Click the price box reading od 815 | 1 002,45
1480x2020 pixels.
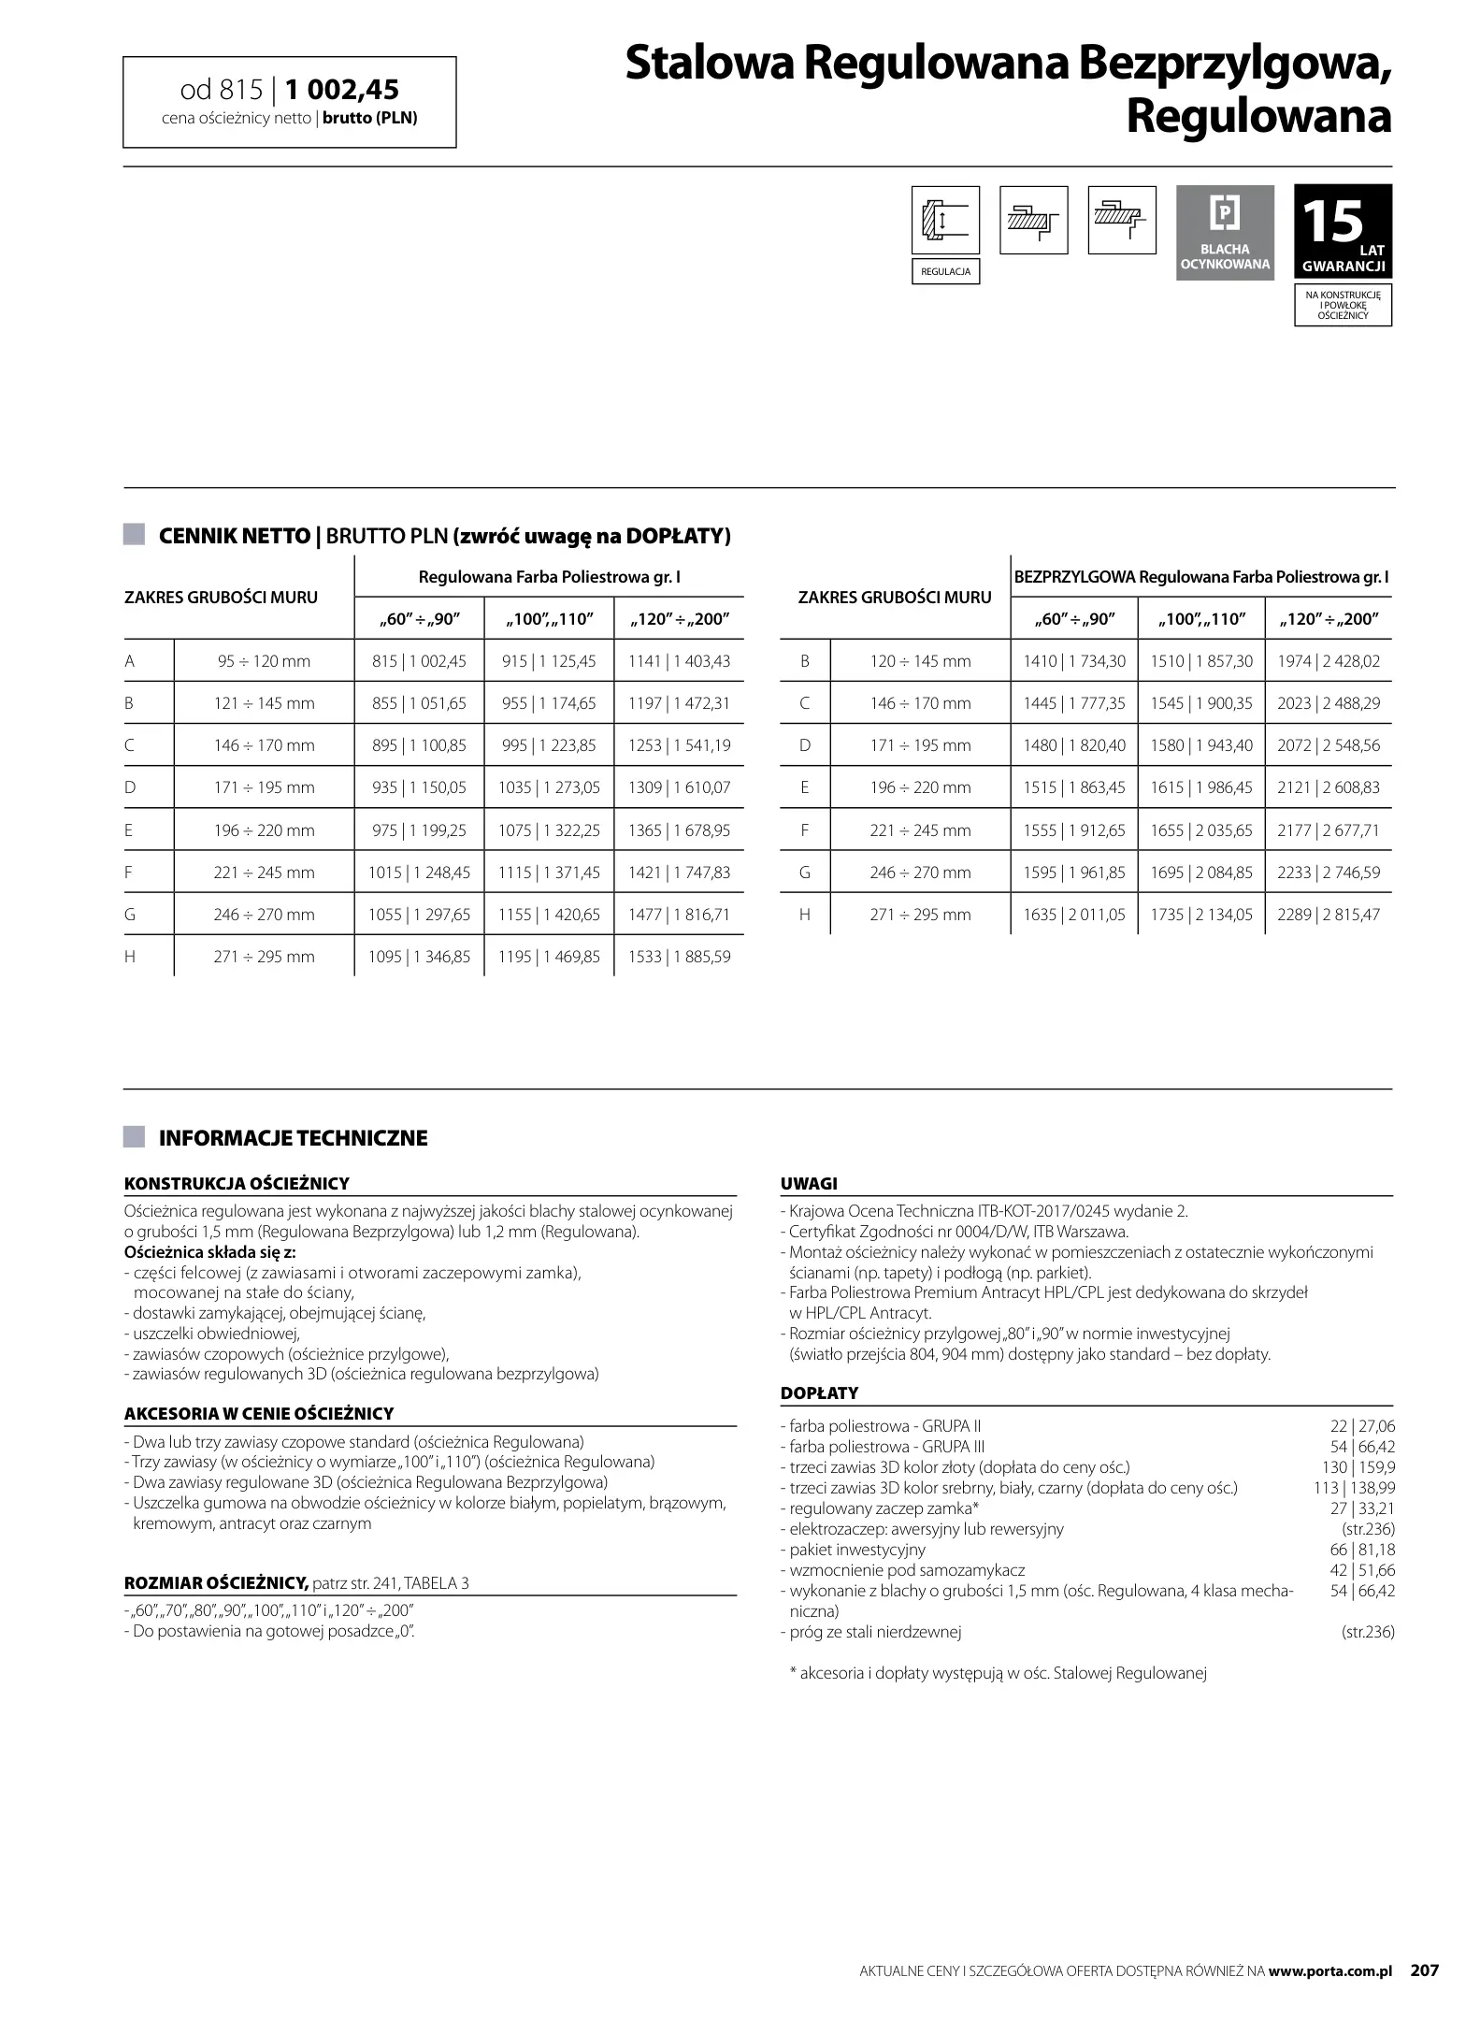289,102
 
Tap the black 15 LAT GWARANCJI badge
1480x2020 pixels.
1343,232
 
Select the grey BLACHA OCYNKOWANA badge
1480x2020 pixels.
1225,232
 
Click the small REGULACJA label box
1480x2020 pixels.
945,272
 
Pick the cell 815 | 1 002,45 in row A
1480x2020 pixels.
419,661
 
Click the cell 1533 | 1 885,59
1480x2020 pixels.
679,957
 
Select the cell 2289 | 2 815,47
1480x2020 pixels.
1328,915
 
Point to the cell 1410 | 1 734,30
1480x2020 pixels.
1073,661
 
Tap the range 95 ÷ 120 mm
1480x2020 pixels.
264,661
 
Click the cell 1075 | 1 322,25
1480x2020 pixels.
549,830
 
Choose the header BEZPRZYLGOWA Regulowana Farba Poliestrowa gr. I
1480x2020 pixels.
1201,577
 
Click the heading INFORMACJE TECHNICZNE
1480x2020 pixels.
293,1138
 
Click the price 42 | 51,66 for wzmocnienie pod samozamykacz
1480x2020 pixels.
1361,1570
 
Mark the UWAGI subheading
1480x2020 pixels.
809,1183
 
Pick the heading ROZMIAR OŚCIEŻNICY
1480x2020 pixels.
216,1582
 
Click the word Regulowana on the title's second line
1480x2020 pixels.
1258,117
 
